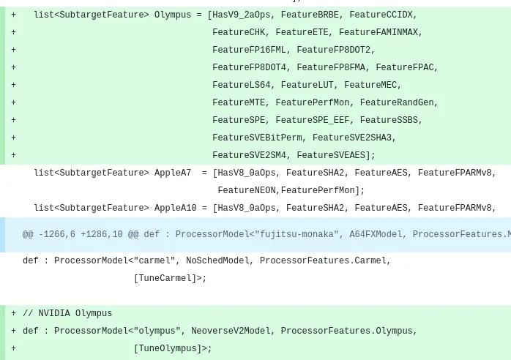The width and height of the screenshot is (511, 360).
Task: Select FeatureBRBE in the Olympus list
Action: [x=310, y=15]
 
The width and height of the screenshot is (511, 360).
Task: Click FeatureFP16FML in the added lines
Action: [x=249, y=50]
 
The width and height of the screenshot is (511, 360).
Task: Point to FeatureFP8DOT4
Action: [x=249, y=67]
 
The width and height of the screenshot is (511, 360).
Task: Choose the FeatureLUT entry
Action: [x=307, y=85]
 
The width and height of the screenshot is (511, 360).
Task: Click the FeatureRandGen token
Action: [x=397, y=102]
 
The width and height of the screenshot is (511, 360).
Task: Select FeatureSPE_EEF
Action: [x=312, y=120]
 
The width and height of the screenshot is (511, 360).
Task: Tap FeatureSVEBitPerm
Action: [x=257, y=138]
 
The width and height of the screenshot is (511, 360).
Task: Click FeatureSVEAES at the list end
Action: [x=331, y=155]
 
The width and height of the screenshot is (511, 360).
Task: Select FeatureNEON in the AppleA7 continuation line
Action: [x=247, y=190]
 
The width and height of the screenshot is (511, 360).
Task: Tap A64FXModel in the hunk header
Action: [x=376, y=235]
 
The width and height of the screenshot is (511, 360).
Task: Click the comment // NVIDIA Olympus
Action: [x=67, y=313]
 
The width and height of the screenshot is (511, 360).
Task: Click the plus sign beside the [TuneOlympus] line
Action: [x=13, y=348]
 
